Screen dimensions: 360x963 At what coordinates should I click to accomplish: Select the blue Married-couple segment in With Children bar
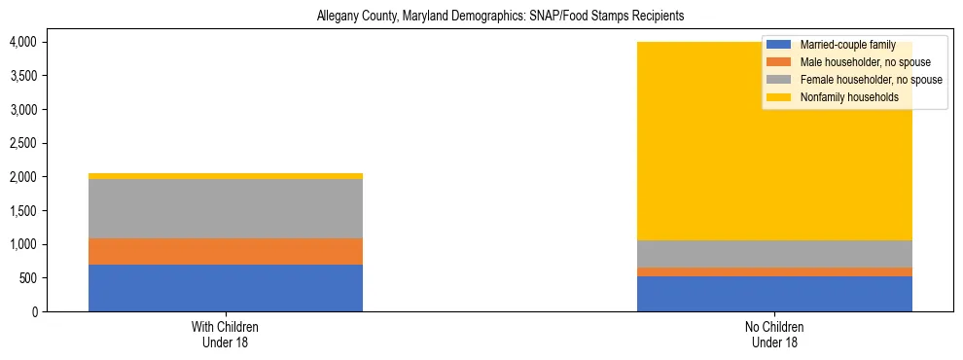pos(226,288)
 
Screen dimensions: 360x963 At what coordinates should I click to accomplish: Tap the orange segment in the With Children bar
pos(226,251)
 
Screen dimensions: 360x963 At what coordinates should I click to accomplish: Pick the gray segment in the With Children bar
pos(226,208)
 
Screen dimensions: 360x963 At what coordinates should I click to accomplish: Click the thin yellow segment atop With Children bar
pos(226,176)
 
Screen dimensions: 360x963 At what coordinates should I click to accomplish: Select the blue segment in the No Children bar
pos(774,294)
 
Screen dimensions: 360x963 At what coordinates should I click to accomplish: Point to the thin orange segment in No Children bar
pos(774,271)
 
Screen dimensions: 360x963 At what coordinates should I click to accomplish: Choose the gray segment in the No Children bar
pos(774,253)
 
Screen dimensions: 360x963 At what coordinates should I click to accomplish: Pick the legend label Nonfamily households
pos(847,97)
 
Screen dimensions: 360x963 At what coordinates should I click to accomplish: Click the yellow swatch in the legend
pos(779,97)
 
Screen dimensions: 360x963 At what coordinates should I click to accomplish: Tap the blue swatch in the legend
pos(779,45)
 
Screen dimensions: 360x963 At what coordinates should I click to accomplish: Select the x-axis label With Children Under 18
pos(226,335)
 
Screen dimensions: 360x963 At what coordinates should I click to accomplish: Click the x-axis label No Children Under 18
pos(774,335)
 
